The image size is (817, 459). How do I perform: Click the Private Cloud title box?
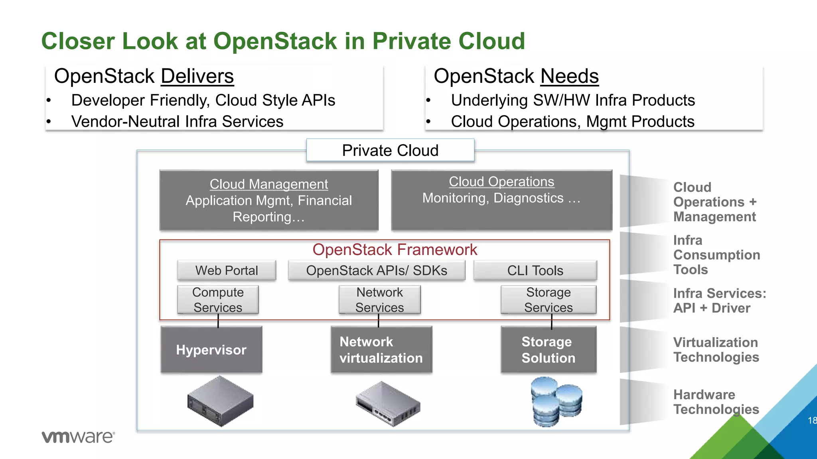point(390,150)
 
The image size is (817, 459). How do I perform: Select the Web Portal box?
point(227,271)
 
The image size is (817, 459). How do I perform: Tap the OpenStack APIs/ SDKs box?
point(377,271)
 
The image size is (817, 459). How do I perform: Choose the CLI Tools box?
point(535,271)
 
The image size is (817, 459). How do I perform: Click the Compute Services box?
point(218,300)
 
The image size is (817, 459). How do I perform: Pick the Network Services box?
point(379,300)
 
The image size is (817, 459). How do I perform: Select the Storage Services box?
point(549,300)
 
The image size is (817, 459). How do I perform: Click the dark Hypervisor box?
point(211,350)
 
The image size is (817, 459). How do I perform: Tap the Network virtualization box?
point(381,350)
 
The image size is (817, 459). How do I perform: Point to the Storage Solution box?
point(549,350)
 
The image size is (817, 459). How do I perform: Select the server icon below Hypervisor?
point(220,401)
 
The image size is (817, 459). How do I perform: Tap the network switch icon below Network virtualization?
point(388,404)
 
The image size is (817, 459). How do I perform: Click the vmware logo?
point(78,437)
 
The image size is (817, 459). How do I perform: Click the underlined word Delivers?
point(197,76)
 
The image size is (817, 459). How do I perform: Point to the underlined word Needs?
point(569,76)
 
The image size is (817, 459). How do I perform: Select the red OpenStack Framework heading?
point(395,250)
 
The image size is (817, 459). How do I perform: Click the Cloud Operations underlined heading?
point(501,182)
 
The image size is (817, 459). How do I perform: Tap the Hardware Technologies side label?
point(716,402)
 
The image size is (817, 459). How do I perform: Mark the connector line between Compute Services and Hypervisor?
point(218,321)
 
